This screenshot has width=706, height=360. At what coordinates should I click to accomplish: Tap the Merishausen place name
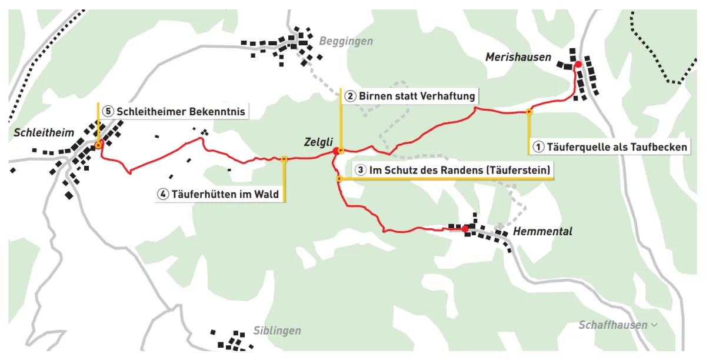pyautogui.click(x=518, y=57)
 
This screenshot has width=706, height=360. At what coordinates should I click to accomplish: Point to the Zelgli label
pyautogui.click(x=318, y=142)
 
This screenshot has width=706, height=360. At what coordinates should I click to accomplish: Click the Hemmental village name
pyautogui.click(x=542, y=231)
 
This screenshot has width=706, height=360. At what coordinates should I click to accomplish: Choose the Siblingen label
pyautogui.click(x=277, y=331)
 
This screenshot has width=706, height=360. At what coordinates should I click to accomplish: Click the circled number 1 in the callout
pyautogui.click(x=538, y=147)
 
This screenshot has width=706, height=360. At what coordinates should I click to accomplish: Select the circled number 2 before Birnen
pyautogui.click(x=350, y=96)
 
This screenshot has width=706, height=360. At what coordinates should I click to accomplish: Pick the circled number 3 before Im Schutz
pyautogui.click(x=361, y=171)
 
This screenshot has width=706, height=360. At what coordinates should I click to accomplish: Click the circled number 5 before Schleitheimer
pyautogui.click(x=107, y=111)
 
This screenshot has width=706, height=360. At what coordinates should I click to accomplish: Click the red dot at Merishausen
pyautogui.click(x=578, y=64)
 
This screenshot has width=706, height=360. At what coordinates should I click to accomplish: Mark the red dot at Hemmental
pyautogui.click(x=465, y=229)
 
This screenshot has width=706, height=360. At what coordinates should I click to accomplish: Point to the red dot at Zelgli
pyautogui.click(x=336, y=152)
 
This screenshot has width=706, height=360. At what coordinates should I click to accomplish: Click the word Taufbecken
pyautogui.click(x=659, y=147)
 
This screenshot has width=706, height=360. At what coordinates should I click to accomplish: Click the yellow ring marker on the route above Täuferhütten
pyautogui.click(x=284, y=159)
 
